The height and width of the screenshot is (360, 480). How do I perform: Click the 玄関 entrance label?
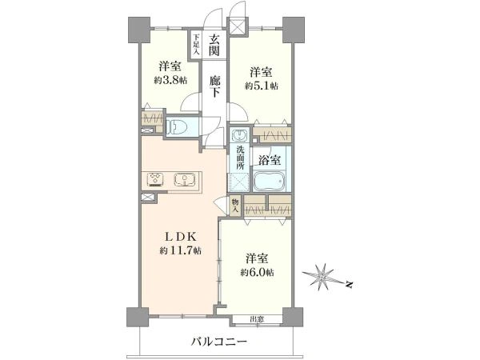(214, 45)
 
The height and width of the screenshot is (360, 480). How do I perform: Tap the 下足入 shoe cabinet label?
(196, 44)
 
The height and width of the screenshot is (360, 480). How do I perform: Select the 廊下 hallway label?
(214, 86)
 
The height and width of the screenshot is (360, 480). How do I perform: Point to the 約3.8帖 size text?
(170, 81)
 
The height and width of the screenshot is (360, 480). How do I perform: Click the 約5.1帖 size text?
(262, 86)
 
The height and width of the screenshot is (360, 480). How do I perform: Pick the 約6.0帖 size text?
(257, 272)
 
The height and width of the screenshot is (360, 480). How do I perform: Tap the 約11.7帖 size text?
(180, 251)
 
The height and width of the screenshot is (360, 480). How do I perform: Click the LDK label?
(181, 236)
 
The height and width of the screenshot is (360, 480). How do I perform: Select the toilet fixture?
(178, 126)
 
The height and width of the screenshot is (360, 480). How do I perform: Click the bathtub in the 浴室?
(270, 181)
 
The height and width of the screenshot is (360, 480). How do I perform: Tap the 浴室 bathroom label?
(270, 160)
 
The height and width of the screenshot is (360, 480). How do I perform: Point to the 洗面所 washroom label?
(240, 158)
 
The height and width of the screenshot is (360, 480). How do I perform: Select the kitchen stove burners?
(156, 179)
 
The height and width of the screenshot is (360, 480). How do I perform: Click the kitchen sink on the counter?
(185, 179)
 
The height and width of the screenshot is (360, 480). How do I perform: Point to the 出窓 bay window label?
(257, 319)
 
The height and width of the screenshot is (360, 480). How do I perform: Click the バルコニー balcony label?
(219, 342)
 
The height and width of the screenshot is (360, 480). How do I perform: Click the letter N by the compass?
(348, 285)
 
